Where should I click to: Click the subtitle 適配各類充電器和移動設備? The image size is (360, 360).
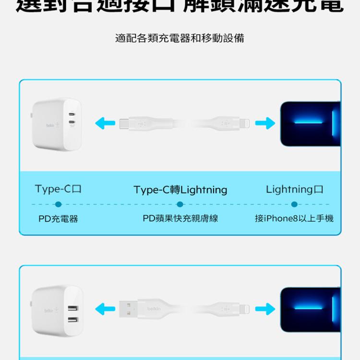pos(180,38)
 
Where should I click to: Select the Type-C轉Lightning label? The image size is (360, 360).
pos(180,190)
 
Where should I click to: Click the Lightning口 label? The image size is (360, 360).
pos(294,189)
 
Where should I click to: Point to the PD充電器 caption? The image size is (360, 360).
pos(58,219)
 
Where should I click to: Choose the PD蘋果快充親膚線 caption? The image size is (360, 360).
pos(180,218)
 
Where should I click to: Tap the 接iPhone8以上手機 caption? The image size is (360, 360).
pos(294,218)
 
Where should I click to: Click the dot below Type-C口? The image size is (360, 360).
pos(58,204)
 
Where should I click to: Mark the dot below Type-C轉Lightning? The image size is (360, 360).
pos(180,204)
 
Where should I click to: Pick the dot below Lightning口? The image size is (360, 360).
pos(294,204)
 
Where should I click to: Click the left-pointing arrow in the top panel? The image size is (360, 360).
pos(105,123)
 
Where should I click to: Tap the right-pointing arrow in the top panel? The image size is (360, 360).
pos(264,123)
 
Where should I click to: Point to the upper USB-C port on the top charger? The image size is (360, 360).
pos(72,116)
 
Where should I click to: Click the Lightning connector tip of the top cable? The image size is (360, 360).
pos(245,123)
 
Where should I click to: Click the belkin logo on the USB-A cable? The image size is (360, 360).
pos(154,308)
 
